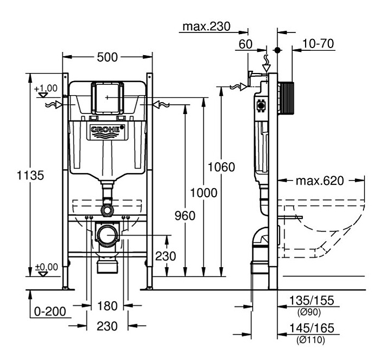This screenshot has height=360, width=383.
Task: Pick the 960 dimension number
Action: (185, 216)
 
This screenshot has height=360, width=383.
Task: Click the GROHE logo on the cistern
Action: (107, 130)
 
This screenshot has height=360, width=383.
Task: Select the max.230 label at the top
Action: (206, 26)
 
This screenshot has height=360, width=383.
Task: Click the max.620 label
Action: (319, 181)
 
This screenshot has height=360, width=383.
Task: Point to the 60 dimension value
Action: (246, 44)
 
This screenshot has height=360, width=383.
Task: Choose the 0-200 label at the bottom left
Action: (50, 312)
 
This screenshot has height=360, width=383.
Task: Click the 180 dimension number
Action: (107, 306)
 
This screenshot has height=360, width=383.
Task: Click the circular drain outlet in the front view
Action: (108, 235)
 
